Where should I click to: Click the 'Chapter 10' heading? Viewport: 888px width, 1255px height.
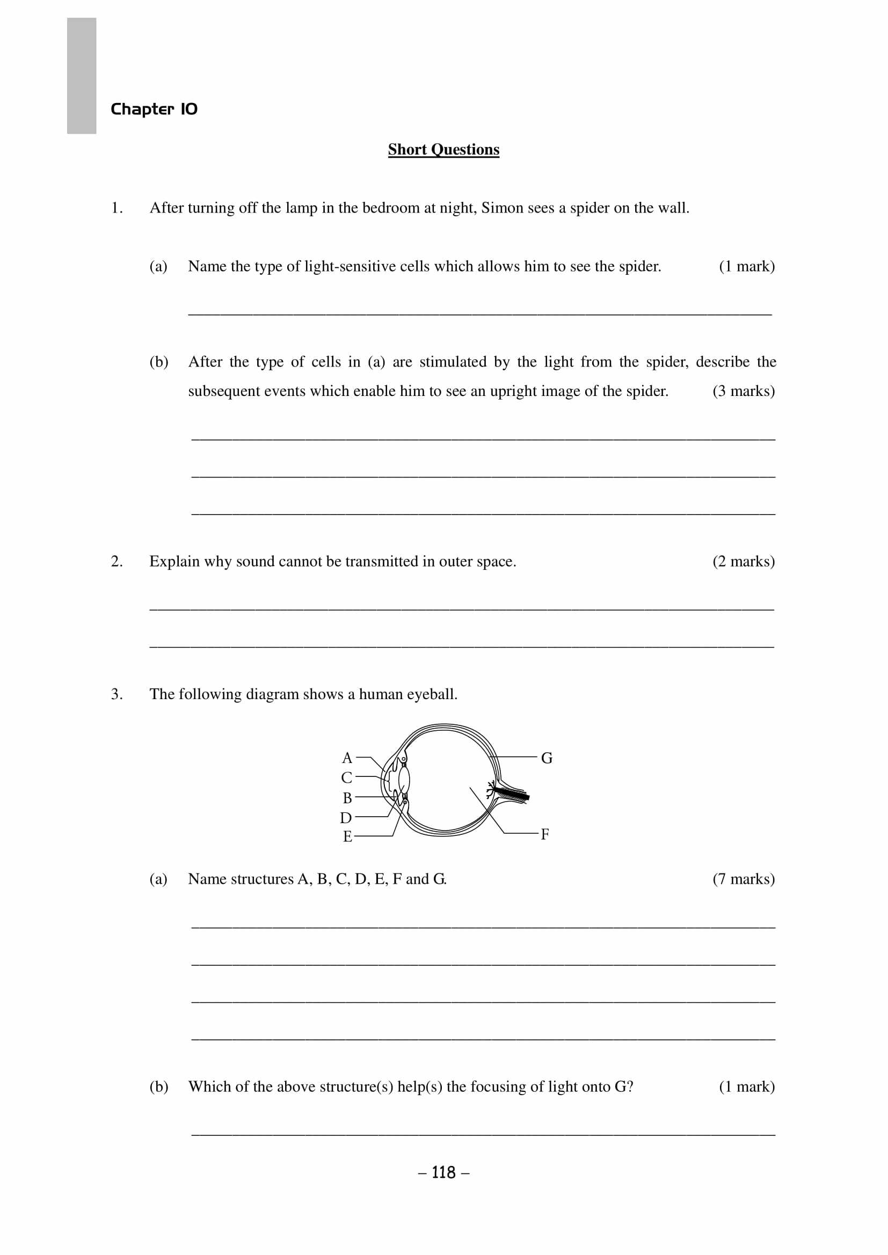(154, 109)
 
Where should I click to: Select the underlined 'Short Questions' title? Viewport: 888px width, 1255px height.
(443, 149)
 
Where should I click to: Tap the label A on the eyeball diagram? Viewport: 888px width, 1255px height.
(347, 758)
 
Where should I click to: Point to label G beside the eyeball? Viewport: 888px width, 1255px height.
(546, 758)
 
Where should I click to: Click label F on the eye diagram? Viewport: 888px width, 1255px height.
(544, 834)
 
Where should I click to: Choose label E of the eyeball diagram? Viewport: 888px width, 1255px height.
(347, 836)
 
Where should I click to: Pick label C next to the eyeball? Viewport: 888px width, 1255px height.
(347, 777)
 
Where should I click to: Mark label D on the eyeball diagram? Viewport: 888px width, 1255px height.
(346, 818)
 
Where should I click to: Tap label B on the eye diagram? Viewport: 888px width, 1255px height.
(347, 798)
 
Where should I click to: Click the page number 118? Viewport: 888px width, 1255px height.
(443, 1172)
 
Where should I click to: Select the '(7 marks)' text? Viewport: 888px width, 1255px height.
(744, 879)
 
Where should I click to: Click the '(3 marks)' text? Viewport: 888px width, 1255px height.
(744, 391)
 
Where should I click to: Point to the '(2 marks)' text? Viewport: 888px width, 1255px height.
(744, 561)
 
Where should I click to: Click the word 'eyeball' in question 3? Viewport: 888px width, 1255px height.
(435, 694)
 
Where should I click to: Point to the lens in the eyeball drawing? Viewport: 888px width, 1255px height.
(404, 779)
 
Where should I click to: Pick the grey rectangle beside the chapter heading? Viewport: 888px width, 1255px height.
(82, 76)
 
